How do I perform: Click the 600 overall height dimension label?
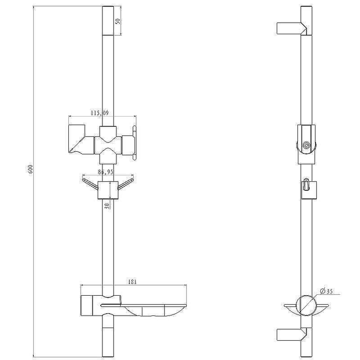coord(31,169)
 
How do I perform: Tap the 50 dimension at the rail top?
coord(117,21)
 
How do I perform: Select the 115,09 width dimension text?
coord(99,113)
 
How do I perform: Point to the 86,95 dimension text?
coord(106,172)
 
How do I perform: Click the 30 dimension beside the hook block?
coord(107,206)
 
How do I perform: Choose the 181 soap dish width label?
coord(132,282)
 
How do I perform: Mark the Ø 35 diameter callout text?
coord(326,291)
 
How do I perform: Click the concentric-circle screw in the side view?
coord(306,145)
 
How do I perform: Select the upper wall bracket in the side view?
coord(292,28)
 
